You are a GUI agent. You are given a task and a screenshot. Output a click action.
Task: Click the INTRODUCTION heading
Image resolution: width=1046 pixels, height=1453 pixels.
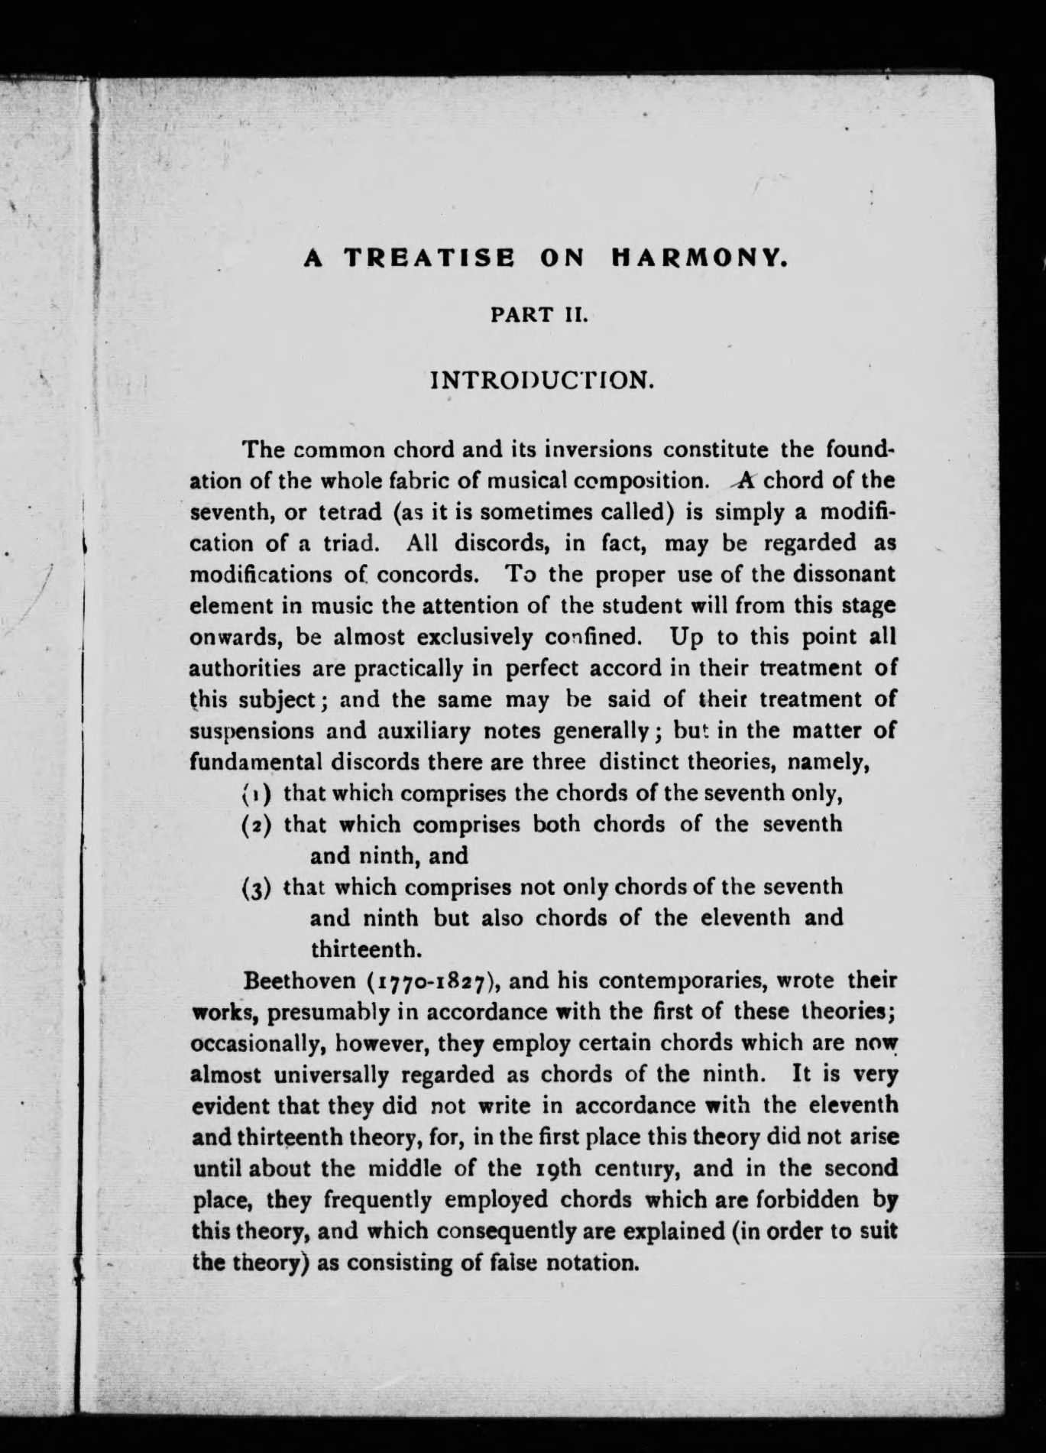(x=543, y=380)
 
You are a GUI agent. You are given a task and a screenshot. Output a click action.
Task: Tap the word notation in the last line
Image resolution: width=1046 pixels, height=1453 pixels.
(x=593, y=1262)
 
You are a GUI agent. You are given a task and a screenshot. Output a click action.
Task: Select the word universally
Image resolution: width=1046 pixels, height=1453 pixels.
(x=329, y=1075)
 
